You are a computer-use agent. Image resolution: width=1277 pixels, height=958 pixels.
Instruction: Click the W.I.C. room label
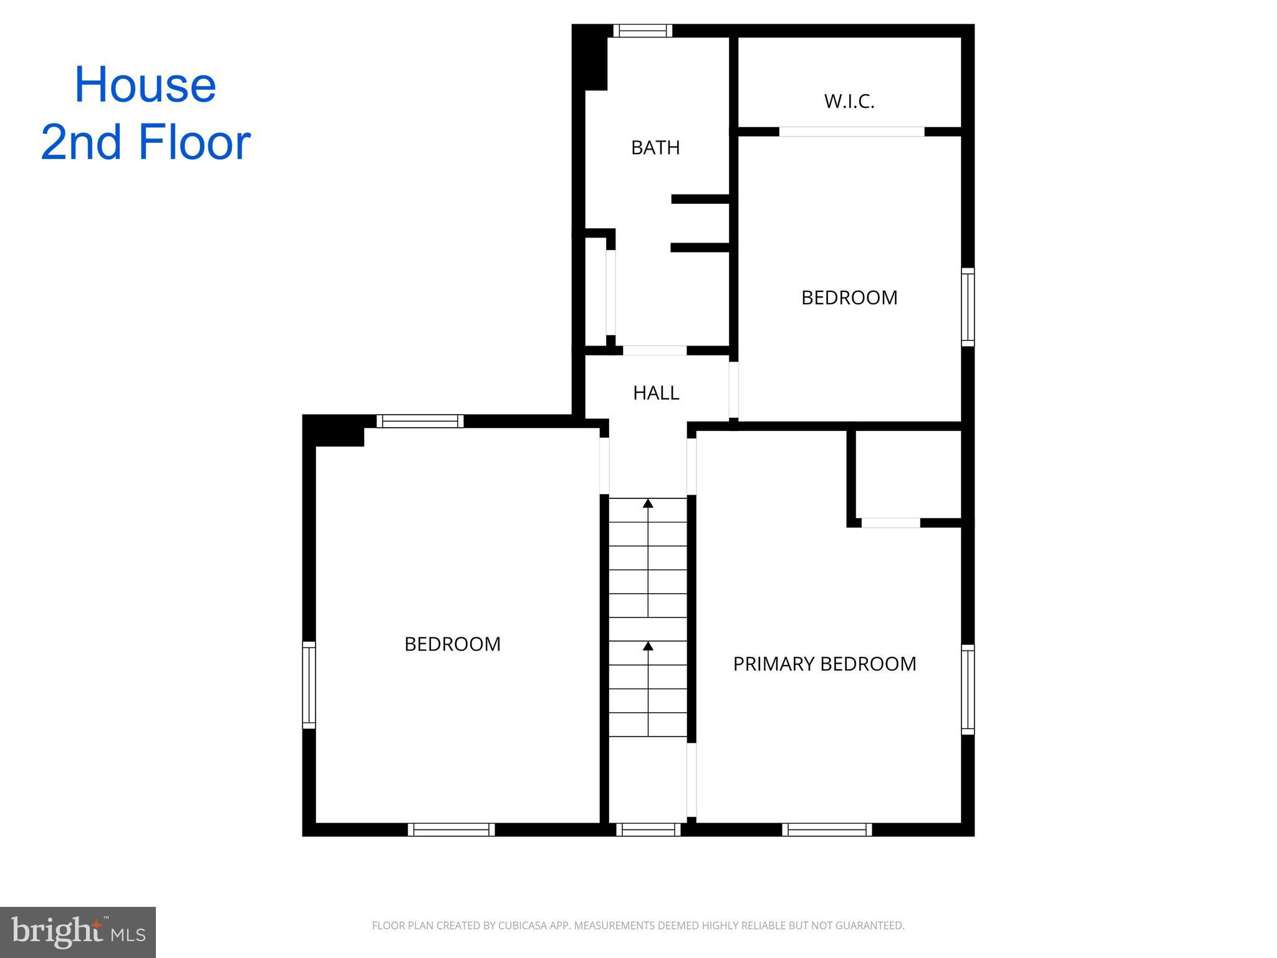point(849,101)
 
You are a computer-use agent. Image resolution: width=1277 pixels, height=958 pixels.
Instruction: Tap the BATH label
point(655,148)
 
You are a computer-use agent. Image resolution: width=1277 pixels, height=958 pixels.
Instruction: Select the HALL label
point(656,393)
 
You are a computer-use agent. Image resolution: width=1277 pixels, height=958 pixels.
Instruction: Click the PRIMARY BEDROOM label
point(824,664)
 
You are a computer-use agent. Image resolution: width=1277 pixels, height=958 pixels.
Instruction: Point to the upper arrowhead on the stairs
point(648,503)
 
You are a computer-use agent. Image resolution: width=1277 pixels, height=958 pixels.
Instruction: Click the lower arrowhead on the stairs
point(648,646)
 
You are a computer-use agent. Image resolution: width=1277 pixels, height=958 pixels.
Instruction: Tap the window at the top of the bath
point(642,31)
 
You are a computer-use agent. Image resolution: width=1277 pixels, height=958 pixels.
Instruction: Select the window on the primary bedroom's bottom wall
point(827,830)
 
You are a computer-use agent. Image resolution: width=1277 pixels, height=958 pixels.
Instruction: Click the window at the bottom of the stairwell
point(648,830)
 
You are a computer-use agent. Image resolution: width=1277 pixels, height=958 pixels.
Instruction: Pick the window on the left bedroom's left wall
point(309,685)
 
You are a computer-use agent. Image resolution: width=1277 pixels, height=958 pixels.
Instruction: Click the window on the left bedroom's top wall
point(420,421)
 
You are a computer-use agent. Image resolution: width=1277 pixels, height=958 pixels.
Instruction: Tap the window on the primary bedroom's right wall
point(968,689)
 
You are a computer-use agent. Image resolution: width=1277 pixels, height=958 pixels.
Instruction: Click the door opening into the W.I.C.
point(852,132)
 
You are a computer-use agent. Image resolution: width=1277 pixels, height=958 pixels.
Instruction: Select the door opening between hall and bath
point(655,351)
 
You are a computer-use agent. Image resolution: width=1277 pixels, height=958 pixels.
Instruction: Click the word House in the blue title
point(145,85)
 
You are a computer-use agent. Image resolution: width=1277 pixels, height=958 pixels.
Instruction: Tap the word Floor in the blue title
point(195,142)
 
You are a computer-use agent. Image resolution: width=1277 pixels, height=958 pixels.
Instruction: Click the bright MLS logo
point(78,932)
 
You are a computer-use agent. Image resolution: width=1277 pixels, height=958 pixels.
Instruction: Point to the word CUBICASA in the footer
point(523,926)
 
